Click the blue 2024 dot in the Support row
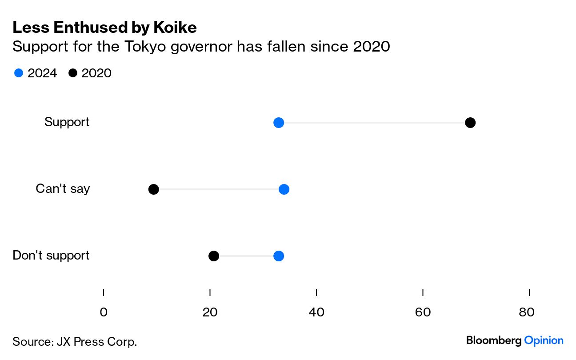(x=279, y=123)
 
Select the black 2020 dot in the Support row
(x=470, y=123)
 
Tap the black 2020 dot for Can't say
(x=153, y=189)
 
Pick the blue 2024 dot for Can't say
(x=284, y=189)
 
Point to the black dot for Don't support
(x=214, y=256)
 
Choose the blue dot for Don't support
(x=279, y=256)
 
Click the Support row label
(x=67, y=122)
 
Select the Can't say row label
(x=63, y=188)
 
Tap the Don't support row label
(x=51, y=255)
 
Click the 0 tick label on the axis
(x=104, y=312)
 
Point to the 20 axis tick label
(x=210, y=312)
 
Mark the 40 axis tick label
(x=316, y=312)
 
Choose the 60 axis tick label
(x=423, y=312)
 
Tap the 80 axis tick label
(x=527, y=312)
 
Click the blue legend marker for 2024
(x=19, y=73)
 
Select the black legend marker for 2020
(x=73, y=73)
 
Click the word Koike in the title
(x=175, y=28)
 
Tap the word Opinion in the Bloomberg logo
(x=544, y=340)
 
